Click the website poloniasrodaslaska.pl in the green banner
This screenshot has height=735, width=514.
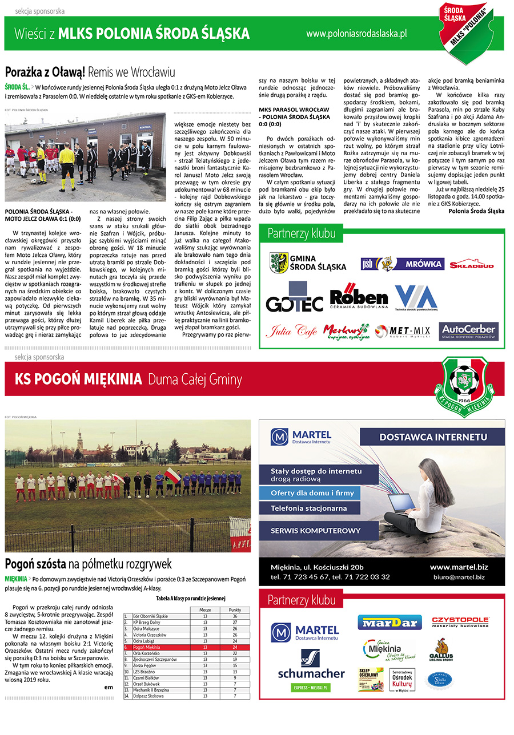coord(356,34)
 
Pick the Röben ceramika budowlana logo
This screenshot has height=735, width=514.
coord(358,297)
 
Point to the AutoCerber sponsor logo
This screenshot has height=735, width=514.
coord(468,331)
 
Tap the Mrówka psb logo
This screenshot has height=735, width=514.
coord(402,264)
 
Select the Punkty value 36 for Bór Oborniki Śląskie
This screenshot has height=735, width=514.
coord(234,616)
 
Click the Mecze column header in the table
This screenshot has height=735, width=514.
coord(205,610)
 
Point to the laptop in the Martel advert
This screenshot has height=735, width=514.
coord(401,503)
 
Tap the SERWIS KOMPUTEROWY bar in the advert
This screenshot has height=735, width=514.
coord(316,530)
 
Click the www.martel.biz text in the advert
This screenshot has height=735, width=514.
coord(458,567)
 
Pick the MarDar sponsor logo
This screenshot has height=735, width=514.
coord(389,622)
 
